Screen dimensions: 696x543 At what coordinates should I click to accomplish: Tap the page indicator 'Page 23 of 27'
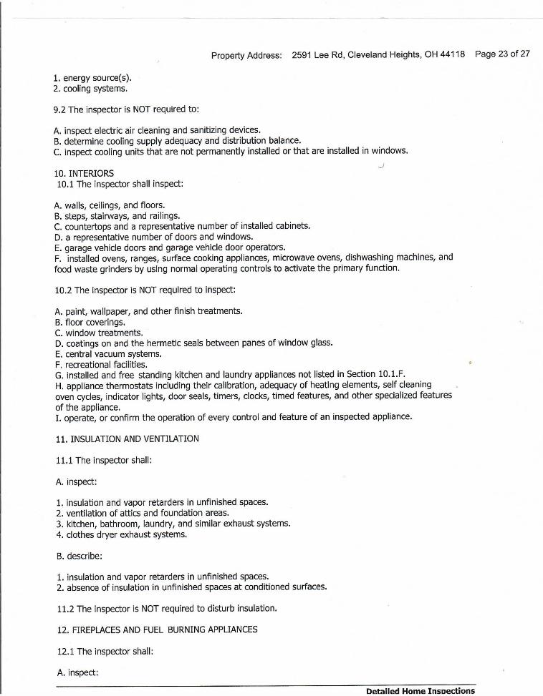(x=502, y=54)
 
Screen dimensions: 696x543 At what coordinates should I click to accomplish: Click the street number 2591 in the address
(x=304, y=54)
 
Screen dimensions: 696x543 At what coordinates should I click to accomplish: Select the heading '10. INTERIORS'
(x=83, y=173)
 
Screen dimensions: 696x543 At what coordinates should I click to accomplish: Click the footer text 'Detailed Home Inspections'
(x=420, y=691)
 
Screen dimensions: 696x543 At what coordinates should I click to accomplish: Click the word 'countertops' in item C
(x=87, y=226)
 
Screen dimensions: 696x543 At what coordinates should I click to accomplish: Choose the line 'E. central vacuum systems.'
(x=107, y=354)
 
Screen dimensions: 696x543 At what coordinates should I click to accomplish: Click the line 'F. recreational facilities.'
(x=100, y=365)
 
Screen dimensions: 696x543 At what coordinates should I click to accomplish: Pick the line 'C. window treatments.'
(x=98, y=333)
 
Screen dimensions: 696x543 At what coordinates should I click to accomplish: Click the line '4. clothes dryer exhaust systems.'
(x=121, y=534)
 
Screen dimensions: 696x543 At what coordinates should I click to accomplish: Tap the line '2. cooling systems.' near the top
(x=91, y=89)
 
